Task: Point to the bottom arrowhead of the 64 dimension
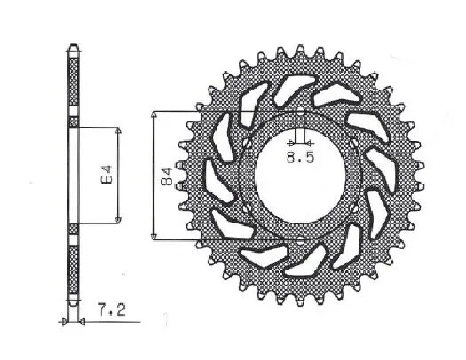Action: click(x=118, y=218)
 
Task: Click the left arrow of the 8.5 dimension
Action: click(x=289, y=142)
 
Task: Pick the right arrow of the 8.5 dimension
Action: click(x=309, y=142)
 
